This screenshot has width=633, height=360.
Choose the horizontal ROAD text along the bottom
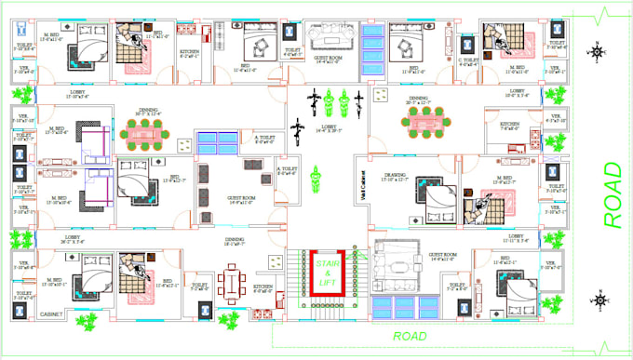410,336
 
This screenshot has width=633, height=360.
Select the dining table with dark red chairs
231,278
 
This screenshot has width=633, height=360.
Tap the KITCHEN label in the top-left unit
188,53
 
